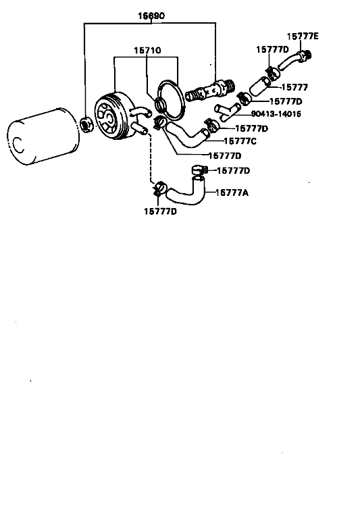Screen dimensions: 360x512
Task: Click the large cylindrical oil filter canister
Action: (43, 136)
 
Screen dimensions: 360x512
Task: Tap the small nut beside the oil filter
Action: (86, 124)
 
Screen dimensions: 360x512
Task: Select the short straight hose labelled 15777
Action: (260, 86)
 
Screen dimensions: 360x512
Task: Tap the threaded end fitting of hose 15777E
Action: (305, 56)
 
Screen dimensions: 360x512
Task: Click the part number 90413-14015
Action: (276, 114)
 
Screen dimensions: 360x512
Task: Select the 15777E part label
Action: (303, 36)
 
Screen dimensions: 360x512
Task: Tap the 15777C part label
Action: (240, 141)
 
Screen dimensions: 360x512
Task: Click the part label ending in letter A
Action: (232, 193)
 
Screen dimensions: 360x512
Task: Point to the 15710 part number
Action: (147, 50)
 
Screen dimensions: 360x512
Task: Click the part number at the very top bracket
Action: (151, 16)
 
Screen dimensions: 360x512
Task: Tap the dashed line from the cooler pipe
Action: (150, 158)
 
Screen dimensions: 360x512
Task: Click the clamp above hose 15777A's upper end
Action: (199, 170)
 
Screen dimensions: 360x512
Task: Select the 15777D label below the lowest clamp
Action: (160, 211)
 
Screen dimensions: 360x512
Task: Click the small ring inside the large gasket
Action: (161, 104)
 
